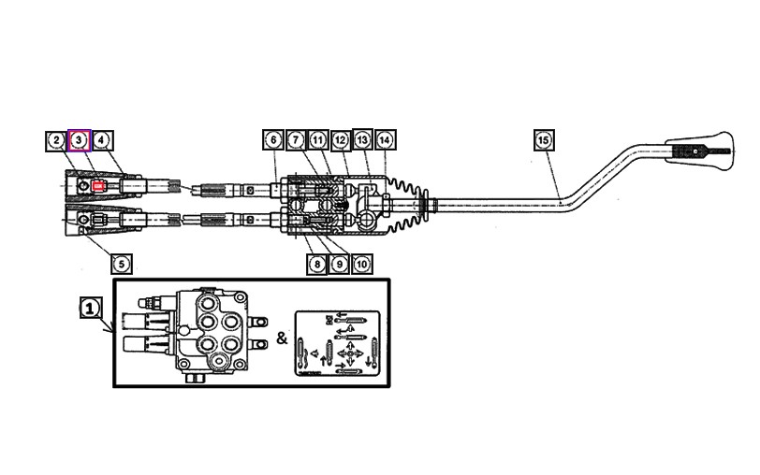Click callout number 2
pos(57,140)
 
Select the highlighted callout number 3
pos(80,140)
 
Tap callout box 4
pos(102,140)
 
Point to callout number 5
pos(120,265)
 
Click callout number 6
pos(272,140)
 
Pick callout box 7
pos(295,140)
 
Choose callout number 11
pos(317,140)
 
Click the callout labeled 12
pos(340,140)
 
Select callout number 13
pos(362,140)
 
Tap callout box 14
pos(385,140)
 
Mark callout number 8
pos(317,265)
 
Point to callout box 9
pos(340,265)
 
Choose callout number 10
pos(362,265)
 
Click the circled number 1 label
pos(90,307)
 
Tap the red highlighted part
pos(98,185)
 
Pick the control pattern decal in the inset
pos(340,342)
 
